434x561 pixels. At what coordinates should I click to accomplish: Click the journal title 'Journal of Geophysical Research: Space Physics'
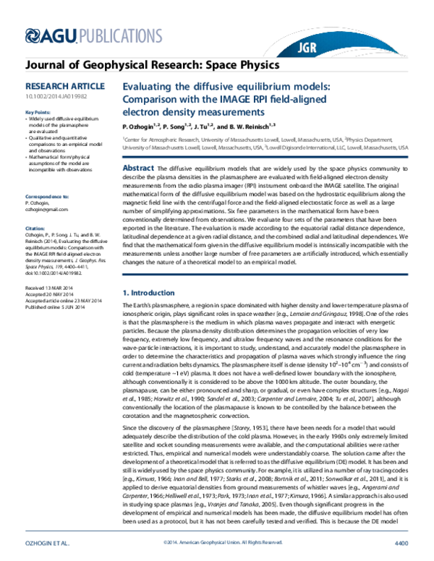(152, 64)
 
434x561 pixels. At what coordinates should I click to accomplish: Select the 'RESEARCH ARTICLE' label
(55, 85)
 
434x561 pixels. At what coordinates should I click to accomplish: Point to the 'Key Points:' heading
(39, 113)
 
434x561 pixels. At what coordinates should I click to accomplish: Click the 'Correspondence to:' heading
(48, 176)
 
